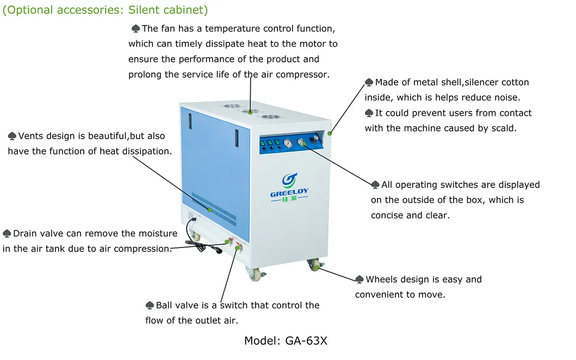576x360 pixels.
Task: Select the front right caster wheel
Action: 313,265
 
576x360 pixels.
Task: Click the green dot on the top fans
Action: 250,112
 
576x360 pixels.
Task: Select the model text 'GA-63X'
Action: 306,341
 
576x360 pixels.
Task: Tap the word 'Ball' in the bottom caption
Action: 165,306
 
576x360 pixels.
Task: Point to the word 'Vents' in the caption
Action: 31,136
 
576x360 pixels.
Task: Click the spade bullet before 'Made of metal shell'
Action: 369,83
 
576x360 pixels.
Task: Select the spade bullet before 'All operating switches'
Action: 375,185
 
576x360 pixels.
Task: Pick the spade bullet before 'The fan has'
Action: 135,29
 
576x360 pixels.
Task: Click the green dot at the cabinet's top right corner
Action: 329,133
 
